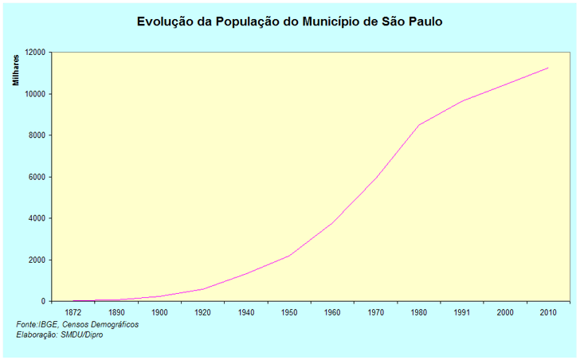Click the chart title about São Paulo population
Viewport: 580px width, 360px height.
[289, 22]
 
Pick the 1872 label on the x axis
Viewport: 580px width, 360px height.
[73, 312]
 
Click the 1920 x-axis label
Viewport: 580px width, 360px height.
[203, 312]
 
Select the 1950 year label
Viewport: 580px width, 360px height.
[289, 312]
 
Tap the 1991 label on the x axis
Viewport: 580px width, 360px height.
[462, 312]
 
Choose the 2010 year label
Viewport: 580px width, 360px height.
[548, 312]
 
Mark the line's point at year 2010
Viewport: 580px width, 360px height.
[548, 68]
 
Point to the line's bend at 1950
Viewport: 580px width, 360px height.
[289, 256]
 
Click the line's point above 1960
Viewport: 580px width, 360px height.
[332, 222]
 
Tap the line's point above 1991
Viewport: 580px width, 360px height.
[462, 101]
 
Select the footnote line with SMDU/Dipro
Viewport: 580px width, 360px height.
[60, 335]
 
